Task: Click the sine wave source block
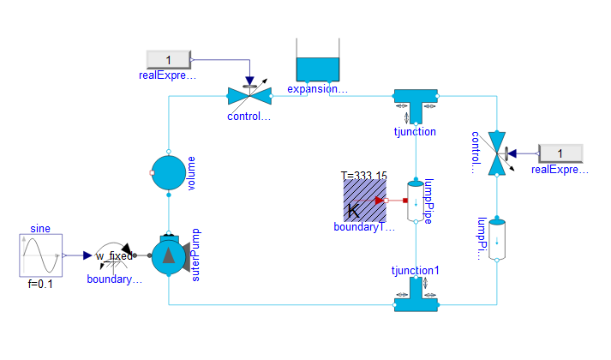pos(39,255)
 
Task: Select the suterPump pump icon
pos(169,255)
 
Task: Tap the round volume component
pos(169,172)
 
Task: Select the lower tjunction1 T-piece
pos(416,297)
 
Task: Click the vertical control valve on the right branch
pos(494,153)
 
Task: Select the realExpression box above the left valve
pos(168,59)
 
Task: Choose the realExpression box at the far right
pos(560,153)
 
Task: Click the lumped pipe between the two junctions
pos(416,201)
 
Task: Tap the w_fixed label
pos(114,255)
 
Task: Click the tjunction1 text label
pos(416,271)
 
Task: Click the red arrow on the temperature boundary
pos(380,201)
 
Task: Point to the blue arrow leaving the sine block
pos(87,255)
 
